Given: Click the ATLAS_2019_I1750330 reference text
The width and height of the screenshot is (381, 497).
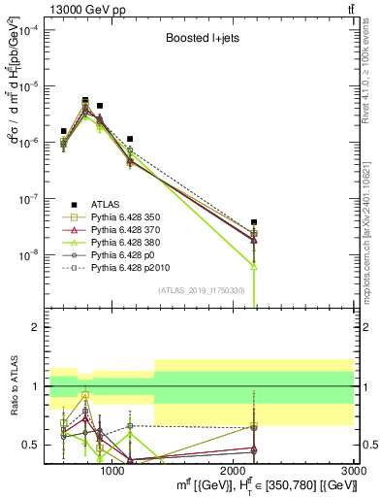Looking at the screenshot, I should tap(202, 290).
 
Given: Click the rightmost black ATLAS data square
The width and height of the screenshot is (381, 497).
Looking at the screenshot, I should tap(254, 222).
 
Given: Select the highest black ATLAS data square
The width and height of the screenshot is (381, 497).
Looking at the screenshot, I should tap(85, 100).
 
